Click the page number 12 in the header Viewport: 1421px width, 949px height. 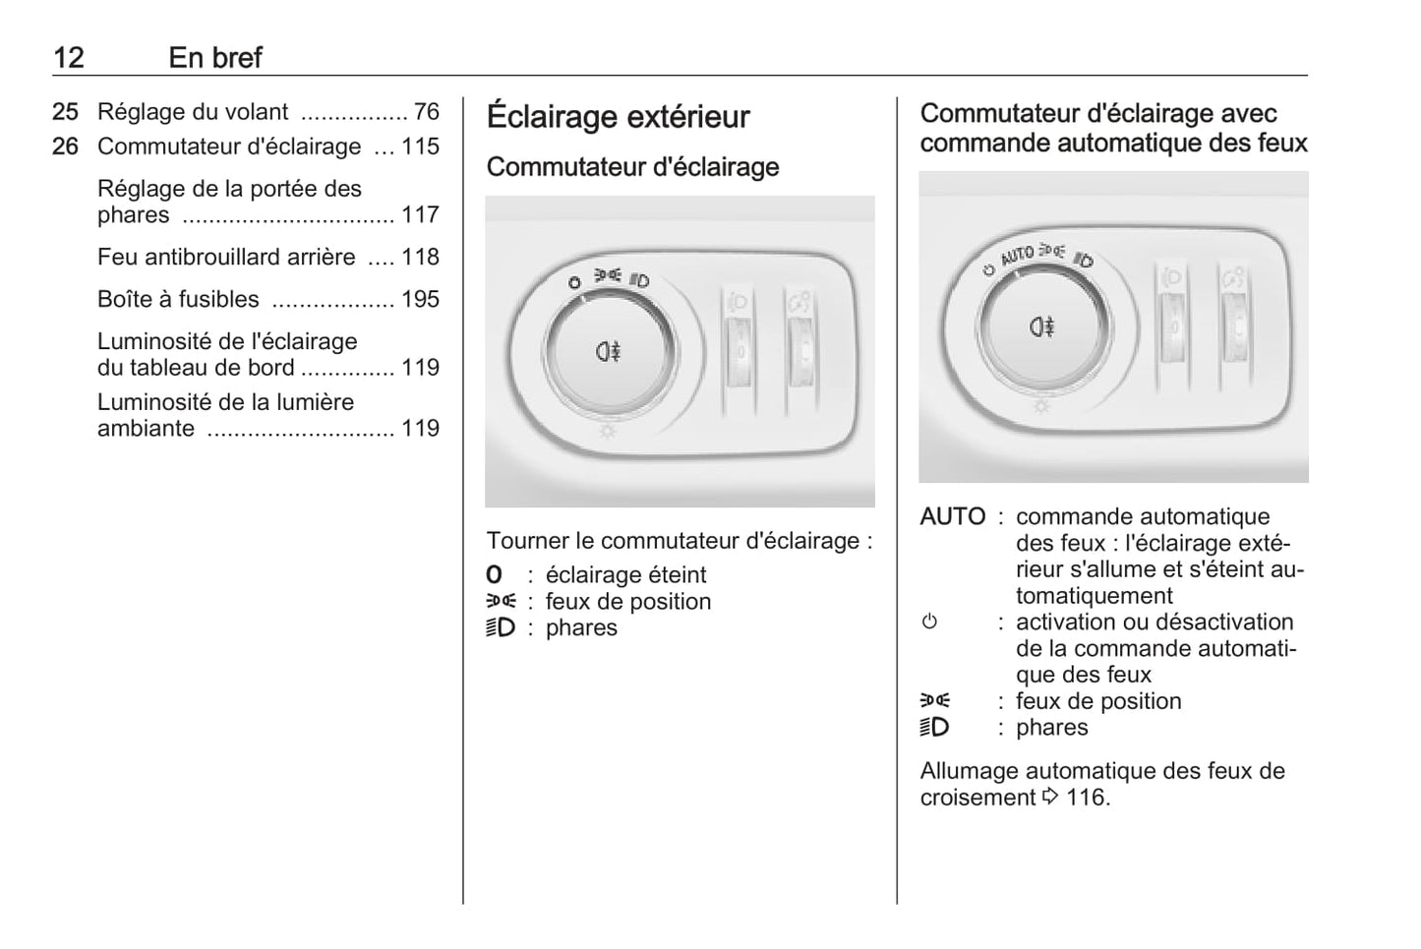(69, 58)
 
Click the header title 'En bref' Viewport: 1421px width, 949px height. (215, 58)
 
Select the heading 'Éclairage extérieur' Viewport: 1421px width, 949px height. (618, 117)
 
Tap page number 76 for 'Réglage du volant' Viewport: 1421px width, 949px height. (427, 112)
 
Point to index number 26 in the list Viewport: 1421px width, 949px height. (65, 147)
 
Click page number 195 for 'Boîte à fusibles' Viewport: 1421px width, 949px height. (420, 299)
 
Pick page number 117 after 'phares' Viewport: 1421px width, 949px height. (420, 214)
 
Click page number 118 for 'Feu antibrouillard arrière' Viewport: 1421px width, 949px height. (420, 257)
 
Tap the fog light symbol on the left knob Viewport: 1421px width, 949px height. (608, 351)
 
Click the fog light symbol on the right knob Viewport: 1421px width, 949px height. (1041, 326)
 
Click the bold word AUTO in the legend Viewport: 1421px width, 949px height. (953, 516)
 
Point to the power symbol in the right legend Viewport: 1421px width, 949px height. (929, 622)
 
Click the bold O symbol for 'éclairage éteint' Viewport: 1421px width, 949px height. (495, 574)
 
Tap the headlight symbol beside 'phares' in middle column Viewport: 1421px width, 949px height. (501, 627)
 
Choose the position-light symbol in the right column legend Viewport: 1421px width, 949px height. (935, 700)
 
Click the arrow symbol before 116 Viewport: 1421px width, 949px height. (1050, 796)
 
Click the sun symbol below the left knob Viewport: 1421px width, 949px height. (607, 432)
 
